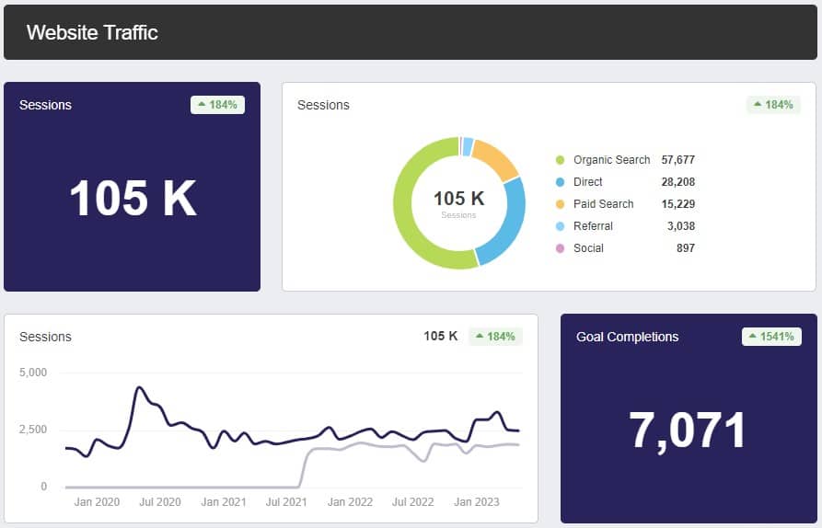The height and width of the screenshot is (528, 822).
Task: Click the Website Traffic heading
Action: pos(92,33)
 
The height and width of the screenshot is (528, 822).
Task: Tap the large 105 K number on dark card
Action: pos(133,198)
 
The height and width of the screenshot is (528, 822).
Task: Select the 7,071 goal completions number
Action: pos(688,430)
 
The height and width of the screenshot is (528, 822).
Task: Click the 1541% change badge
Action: pos(771,337)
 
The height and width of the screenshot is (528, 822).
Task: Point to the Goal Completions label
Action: pos(627,337)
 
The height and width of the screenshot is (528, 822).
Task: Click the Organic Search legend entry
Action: pos(611,160)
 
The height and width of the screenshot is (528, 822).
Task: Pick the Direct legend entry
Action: pos(589,182)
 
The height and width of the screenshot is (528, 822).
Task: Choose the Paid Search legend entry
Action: pos(603,204)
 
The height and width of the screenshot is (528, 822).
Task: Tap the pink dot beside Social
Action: pos(560,248)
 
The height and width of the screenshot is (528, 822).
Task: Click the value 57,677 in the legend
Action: pos(677,160)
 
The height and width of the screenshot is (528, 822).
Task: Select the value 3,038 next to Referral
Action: pos(680,226)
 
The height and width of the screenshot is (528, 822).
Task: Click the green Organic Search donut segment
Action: pos(410,230)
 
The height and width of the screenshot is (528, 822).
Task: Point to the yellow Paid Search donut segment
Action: pos(497,159)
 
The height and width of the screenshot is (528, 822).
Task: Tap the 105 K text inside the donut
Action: pos(458,198)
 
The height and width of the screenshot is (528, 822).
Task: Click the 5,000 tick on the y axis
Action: pos(32,373)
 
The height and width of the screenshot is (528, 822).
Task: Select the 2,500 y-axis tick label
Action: pos(32,430)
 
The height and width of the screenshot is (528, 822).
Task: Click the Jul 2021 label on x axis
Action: pos(285,502)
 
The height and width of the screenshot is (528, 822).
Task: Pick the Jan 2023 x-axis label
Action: pos(476,502)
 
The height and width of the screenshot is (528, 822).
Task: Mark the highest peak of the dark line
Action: pos(138,387)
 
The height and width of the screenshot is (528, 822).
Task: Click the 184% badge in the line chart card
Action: pos(495,337)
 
